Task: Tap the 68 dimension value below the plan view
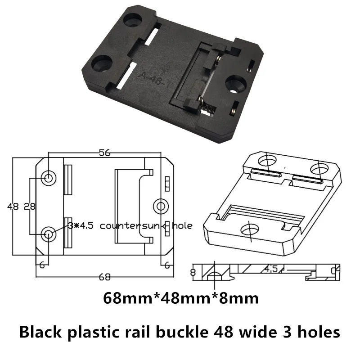point(104,276)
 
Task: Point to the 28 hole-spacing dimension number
point(29,207)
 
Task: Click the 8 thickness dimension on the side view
point(193,272)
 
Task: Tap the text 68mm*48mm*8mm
point(181,298)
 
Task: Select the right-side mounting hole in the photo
point(235,84)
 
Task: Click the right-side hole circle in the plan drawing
point(160,206)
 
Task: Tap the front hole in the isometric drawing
point(249,229)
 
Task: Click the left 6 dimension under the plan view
point(41,265)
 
